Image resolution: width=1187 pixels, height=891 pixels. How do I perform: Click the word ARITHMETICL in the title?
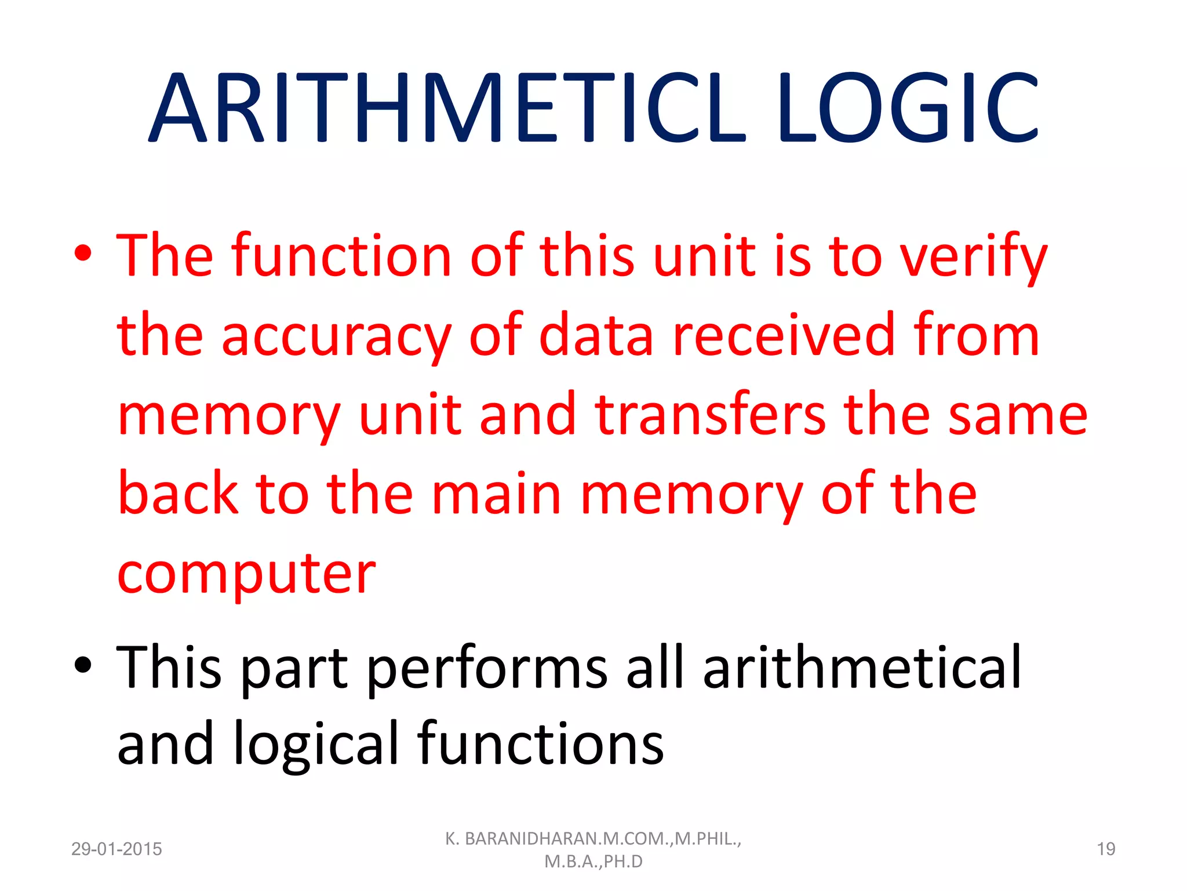point(446,108)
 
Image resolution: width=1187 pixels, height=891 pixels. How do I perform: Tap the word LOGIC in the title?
point(908,108)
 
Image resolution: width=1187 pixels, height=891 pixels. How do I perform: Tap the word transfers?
point(711,414)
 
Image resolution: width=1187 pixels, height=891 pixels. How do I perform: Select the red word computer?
point(246,574)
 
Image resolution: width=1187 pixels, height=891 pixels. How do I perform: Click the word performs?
point(487,668)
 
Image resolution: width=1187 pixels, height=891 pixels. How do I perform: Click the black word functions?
point(540,744)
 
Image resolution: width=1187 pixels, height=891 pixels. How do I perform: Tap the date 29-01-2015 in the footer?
point(116,849)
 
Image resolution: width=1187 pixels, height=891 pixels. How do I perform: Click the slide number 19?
point(1106,849)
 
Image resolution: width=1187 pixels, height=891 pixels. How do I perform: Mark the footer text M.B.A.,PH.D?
point(593,862)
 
